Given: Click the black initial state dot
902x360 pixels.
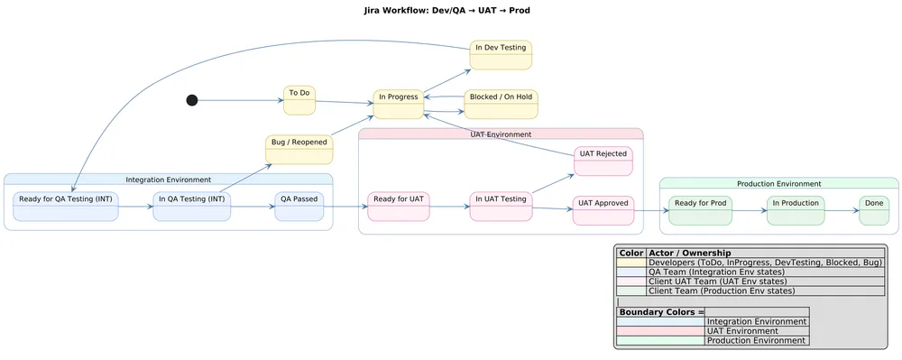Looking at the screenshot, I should point(192,100).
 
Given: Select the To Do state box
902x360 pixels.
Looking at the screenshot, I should point(299,101).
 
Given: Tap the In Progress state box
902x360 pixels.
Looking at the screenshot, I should point(399,105).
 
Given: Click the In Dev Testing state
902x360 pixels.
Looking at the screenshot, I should point(501,54).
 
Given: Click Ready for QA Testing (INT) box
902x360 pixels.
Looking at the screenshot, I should point(66,206).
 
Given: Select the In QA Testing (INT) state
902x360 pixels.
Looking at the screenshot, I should point(192,206).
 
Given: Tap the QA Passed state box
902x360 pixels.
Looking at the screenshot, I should point(299,206).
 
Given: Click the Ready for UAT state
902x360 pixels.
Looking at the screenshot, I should point(399,206).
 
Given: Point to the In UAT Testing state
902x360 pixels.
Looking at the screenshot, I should point(501,206).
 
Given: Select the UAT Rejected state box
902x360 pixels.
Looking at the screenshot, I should point(603,161).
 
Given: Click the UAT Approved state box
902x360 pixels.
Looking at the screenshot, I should point(603,209).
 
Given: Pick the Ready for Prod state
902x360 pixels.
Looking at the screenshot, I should point(700,209).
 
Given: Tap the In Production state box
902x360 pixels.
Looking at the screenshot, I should point(796,209).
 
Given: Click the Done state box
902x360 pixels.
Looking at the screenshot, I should point(873,209).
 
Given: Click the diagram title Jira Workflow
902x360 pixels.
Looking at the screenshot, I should point(452,11).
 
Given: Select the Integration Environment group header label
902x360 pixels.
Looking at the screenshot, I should point(169,180).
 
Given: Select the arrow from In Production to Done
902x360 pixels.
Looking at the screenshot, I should point(842,211).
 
